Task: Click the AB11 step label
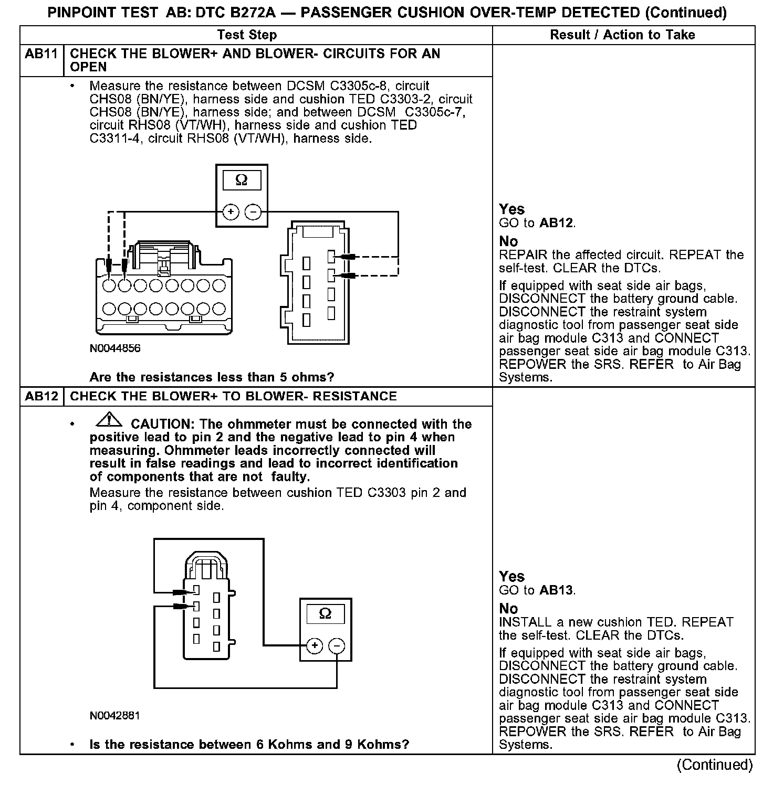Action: click(41, 54)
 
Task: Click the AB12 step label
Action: click(41, 396)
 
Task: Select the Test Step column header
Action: click(247, 35)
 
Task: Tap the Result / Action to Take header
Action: click(622, 35)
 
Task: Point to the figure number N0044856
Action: click(115, 348)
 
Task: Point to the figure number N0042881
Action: click(115, 716)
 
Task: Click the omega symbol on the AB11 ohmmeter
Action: click(241, 181)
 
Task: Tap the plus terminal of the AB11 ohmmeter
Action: click(231, 212)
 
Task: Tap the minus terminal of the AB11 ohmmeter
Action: click(253, 212)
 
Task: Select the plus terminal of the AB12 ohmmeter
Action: click(314, 645)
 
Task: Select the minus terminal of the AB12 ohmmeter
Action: click(337, 645)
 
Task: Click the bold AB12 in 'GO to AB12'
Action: click(557, 223)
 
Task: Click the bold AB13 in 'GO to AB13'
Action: click(557, 590)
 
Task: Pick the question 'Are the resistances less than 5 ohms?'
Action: click(212, 377)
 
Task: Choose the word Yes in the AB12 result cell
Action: click(511, 577)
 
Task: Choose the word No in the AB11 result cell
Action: click(508, 241)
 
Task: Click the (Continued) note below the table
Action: click(715, 765)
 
